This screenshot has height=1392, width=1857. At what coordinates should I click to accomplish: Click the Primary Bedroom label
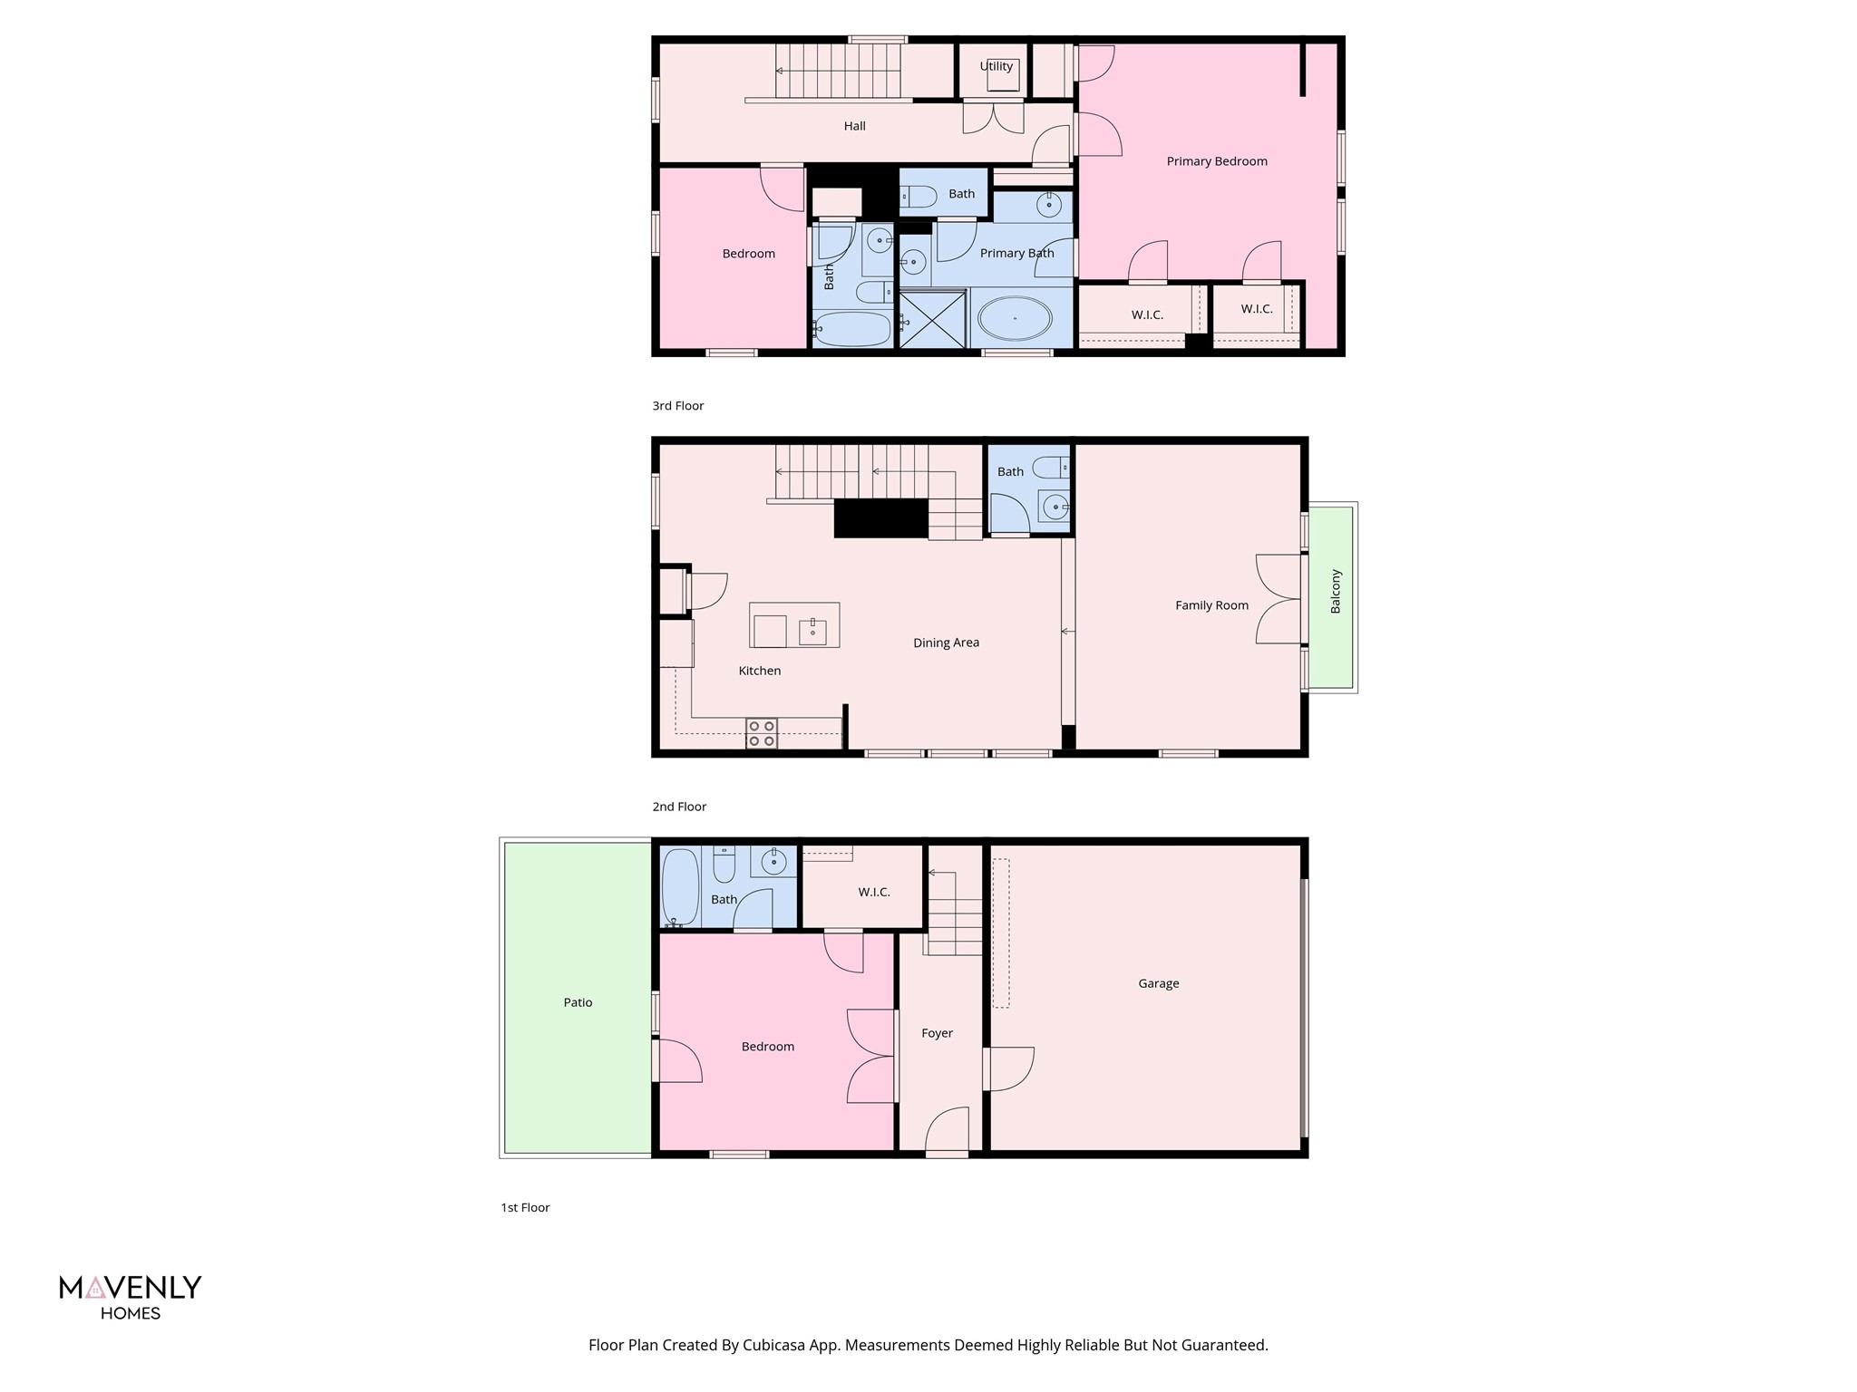tap(1216, 161)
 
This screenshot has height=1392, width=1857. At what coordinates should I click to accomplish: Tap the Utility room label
tap(996, 66)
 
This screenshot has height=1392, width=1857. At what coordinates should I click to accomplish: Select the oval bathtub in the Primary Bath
tap(1015, 319)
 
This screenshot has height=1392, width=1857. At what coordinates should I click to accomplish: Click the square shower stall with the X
tap(932, 318)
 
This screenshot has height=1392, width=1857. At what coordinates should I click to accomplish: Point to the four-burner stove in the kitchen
tap(761, 733)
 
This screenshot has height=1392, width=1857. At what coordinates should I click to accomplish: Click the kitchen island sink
tap(812, 631)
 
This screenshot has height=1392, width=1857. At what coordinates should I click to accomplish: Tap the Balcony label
tap(1335, 591)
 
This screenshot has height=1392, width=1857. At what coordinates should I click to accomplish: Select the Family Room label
tap(1211, 605)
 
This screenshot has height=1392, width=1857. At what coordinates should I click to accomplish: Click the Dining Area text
tap(946, 643)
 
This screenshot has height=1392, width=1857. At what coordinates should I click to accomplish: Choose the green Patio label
tap(578, 1002)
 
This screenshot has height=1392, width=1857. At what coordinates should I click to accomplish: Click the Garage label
tap(1158, 983)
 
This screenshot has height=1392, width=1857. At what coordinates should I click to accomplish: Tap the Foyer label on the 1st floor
tap(937, 1033)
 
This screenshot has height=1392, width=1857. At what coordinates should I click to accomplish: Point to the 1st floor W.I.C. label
tap(873, 893)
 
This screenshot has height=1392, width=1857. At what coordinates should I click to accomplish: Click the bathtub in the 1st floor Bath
tap(679, 885)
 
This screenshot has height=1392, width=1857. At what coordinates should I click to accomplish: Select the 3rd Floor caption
tap(677, 406)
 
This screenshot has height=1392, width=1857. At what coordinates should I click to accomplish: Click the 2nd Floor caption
tap(678, 807)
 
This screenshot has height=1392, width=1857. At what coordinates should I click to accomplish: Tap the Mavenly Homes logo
tap(131, 1297)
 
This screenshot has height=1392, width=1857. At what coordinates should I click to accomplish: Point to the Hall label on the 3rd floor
tap(854, 126)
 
